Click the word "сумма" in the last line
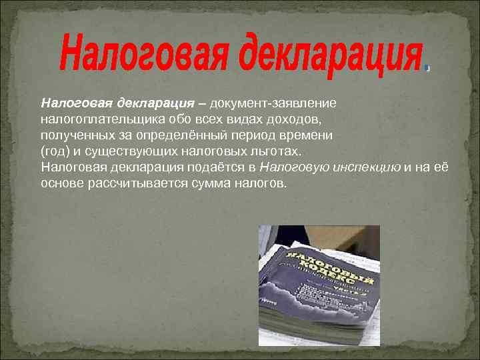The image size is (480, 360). (197, 183)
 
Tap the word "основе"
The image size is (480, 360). (62, 183)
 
